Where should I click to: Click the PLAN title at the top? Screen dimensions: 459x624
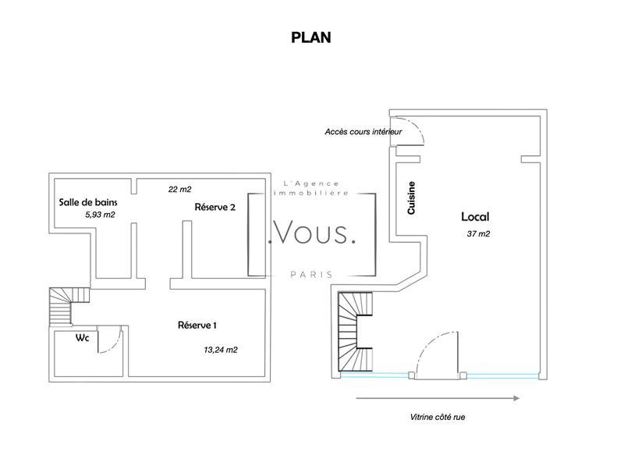pos(311,37)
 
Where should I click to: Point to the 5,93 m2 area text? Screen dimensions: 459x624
pos(100,214)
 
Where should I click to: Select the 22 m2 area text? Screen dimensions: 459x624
pos(179,189)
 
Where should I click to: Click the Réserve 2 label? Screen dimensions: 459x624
pos(215,207)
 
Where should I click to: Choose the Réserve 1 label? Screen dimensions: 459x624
pos(197,324)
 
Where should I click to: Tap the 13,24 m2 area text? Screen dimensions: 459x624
pos(220,350)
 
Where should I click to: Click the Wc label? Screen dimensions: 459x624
pos(81,339)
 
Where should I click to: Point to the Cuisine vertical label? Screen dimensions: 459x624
pos(411,198)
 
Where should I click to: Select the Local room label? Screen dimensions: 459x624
pos(474,217)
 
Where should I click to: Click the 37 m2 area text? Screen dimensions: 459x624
pos(478,233)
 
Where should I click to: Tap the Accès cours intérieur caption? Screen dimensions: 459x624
pos(363,132)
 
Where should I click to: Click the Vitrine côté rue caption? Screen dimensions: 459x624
pos(437,417)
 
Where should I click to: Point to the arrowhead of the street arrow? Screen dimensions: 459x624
pos(516,398)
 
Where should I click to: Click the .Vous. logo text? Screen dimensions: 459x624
pos(311,233)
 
